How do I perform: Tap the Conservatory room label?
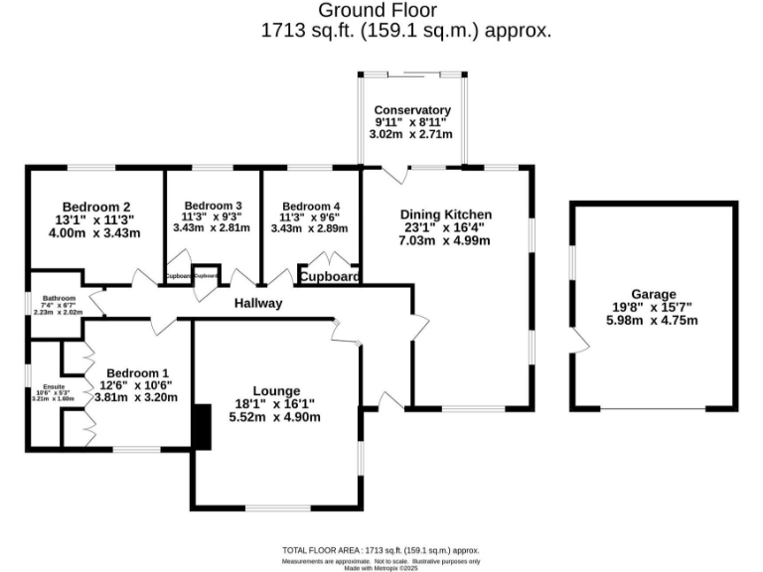point(411,110)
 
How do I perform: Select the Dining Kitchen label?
point(445,214)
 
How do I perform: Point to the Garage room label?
point(653,294)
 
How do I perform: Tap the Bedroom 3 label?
point(213,207)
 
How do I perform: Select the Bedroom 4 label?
point(310,207)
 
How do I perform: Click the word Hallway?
point(258,303)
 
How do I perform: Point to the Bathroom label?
point(58,297)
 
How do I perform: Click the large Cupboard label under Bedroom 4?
point(329,277)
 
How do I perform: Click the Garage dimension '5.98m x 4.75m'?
point(653,320)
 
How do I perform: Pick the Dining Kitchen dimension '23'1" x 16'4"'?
point(445,227)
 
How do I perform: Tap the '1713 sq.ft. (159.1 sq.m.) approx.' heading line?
point(405,31)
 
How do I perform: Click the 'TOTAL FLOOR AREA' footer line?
point(381,549)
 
